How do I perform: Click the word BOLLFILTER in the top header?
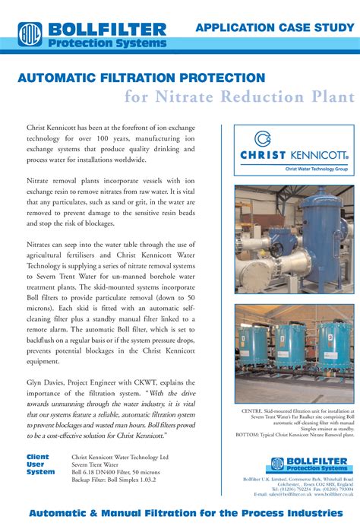pos(106,30)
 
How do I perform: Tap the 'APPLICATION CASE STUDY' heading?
pos(275,28)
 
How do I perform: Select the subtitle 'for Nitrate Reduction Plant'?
pos(239,97)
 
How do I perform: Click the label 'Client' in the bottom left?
pos(38,457)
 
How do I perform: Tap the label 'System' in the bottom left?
pos(40,472)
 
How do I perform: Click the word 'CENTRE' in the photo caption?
pos(254,411)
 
